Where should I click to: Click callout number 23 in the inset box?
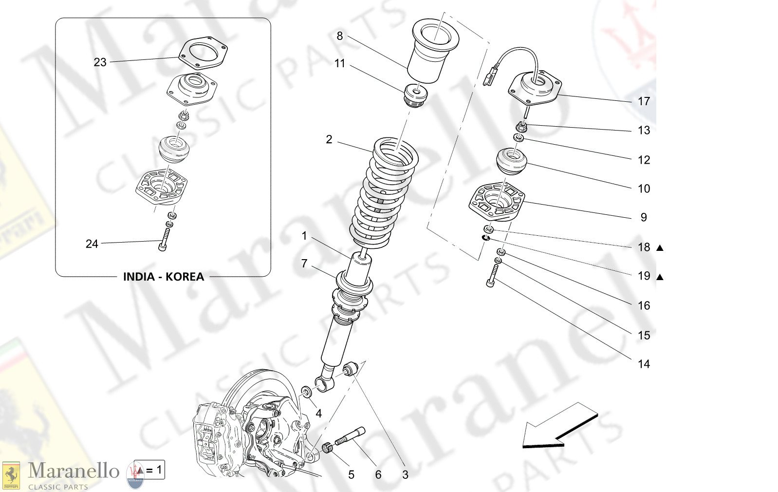pos(100,62)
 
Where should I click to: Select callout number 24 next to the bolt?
pos(92,244)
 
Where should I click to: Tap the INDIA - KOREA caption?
pos(163,277)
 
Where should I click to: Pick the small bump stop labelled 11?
pos(416,95)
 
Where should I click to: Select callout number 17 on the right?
pos(644,101)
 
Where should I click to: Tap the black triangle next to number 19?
pos(660,277)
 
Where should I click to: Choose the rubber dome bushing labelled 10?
pos(512,162)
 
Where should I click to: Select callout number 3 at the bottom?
pos(405,474)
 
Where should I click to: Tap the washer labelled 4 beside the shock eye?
pos(307,392)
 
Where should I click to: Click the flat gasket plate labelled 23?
pos(204,53)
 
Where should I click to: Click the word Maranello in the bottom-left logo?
pos(74,471)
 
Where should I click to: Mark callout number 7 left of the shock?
pos(304,264)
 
